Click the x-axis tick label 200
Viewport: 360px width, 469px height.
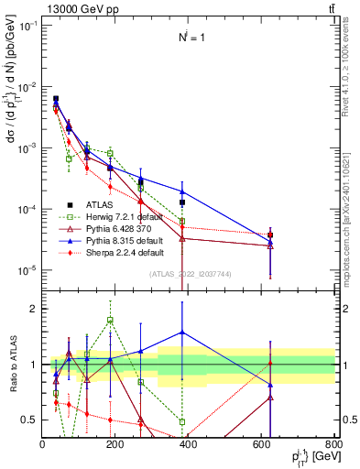(x=115, y=444)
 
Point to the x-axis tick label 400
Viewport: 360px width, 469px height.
(x=189, y=444)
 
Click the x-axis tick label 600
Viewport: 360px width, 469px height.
(x=262, y=444)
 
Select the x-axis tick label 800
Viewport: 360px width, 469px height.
(x=333, y=444)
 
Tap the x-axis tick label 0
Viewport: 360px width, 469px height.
(x=43, y=444)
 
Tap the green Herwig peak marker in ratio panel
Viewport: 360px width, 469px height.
(x=110, y=320)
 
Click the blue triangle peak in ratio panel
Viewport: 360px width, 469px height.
(x=182, y=333)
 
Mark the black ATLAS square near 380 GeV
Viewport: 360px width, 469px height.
(x=182, y=202)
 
